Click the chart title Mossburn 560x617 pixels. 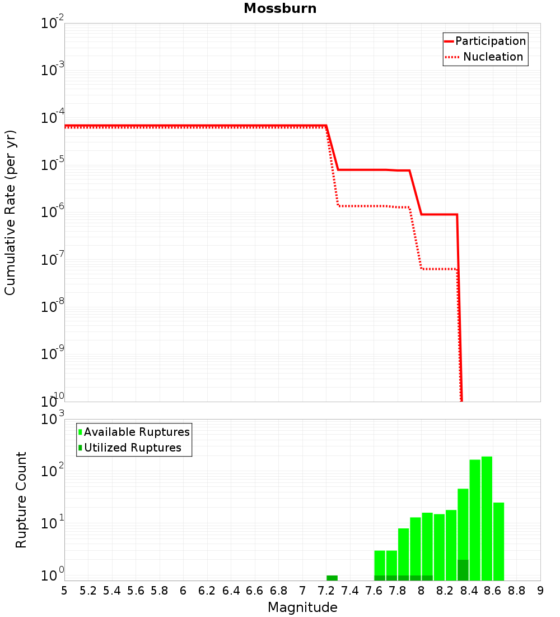[280, 8]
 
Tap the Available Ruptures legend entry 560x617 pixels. [134, 432]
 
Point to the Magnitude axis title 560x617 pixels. [302, 607]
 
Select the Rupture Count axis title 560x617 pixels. [21, 499]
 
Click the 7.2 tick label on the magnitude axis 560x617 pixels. [326, 591]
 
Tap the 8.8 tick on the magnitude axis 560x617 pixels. [516, 591]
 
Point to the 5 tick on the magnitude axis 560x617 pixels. [64, 591]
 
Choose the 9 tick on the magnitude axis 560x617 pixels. [540, 591]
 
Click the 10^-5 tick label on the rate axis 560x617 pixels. [53, 164]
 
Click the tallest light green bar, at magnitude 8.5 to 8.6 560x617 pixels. [487, 519]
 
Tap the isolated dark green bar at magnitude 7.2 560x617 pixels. [332, 578]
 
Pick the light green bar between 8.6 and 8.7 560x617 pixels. [498, 541]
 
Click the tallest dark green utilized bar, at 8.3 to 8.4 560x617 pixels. [463, 569]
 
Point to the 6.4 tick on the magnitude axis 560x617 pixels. [231, 591]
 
